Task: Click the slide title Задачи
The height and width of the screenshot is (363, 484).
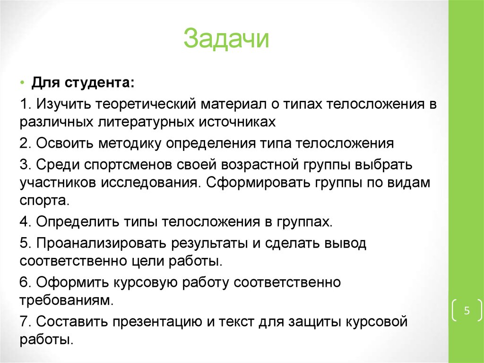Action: point(226,39)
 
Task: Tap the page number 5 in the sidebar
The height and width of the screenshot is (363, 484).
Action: point(467,311)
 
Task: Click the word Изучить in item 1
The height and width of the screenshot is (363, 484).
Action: point(61,104)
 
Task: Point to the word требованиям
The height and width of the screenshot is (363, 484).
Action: point(66,301)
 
